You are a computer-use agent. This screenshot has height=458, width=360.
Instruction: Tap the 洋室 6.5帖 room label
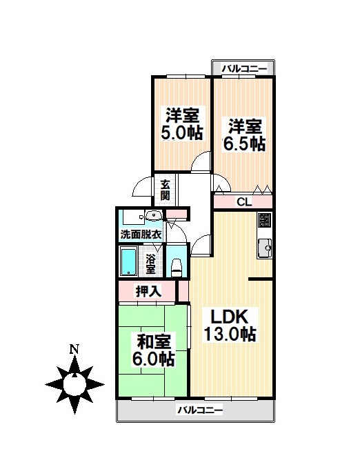point(245,135)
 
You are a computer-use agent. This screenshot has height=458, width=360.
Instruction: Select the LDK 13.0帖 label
point(230,325)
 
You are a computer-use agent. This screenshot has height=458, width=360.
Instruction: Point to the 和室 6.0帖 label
point(153,350)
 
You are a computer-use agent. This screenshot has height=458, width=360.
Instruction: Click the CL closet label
point(243,202)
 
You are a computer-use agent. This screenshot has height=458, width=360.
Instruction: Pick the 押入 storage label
point(149,291)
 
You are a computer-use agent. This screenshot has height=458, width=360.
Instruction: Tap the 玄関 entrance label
point(166,189)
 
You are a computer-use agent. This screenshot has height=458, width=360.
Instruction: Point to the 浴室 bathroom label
point(151,263)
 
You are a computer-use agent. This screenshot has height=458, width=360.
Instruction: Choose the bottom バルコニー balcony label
point(200,410)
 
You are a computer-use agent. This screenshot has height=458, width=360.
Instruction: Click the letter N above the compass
point(74,350)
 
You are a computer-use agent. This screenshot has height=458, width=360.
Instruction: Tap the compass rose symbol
point(74,382)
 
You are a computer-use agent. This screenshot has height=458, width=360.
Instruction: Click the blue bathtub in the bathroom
point(129,263)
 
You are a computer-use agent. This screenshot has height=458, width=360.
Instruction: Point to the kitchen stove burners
point(265,222)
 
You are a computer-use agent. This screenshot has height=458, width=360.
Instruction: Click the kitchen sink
point(265,247)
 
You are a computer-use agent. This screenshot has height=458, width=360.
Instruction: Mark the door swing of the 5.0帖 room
point(201,161)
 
